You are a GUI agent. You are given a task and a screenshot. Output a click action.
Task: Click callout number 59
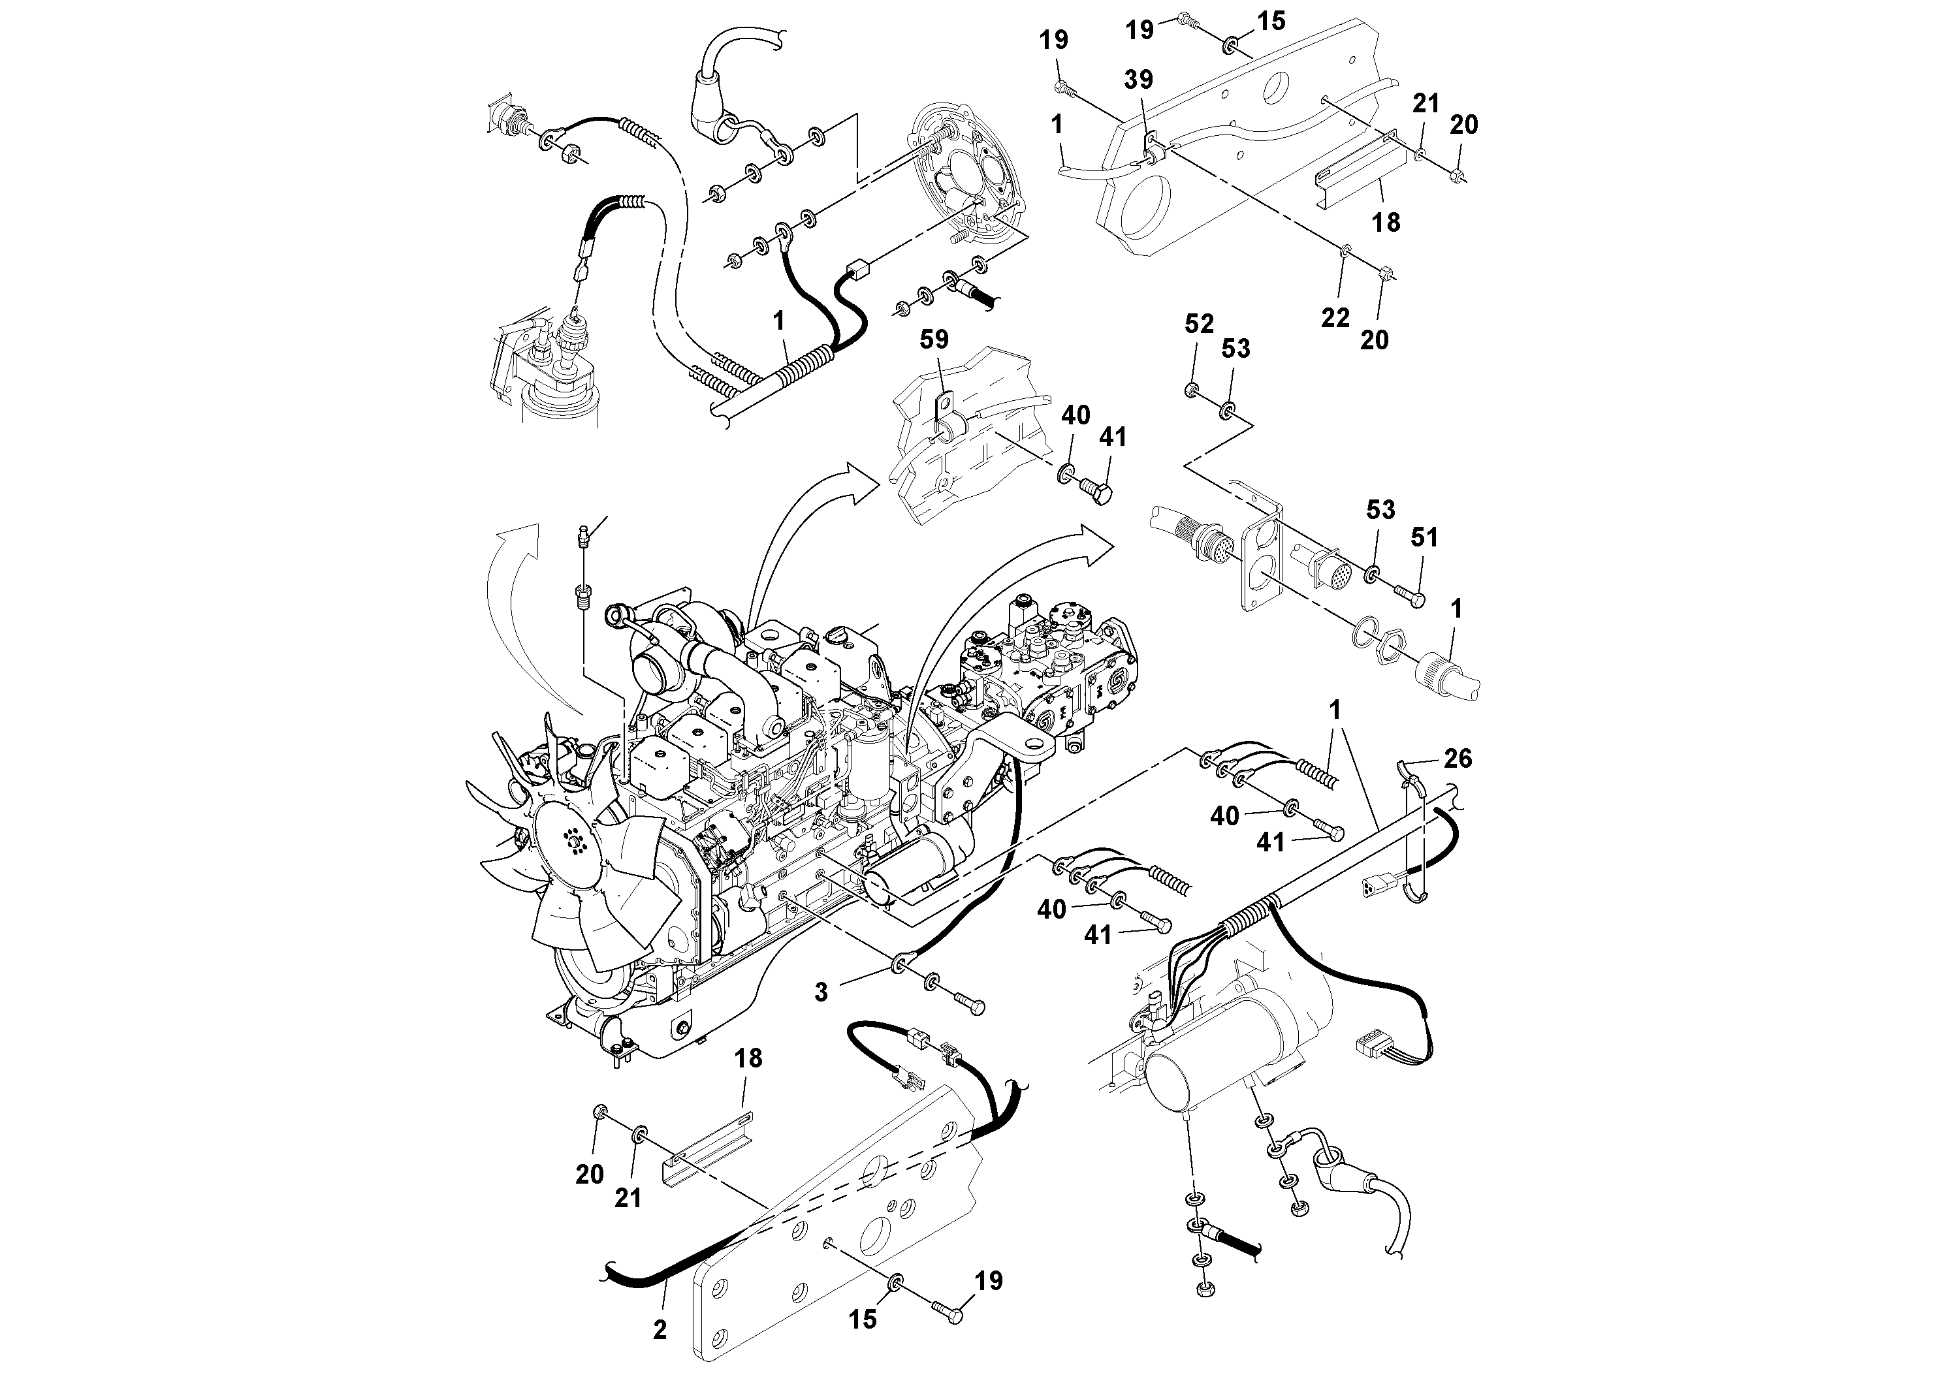pos(934,339)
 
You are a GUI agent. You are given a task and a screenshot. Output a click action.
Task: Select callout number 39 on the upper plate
pos(1138,80)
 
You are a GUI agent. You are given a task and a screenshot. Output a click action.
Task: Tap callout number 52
pos(1199,324)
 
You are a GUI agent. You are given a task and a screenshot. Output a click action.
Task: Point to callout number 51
pos(1424,537)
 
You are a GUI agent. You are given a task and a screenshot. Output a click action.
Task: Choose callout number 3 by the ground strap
pos(820,992)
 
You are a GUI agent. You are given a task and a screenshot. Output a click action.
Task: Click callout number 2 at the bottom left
pos(660,1329)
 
